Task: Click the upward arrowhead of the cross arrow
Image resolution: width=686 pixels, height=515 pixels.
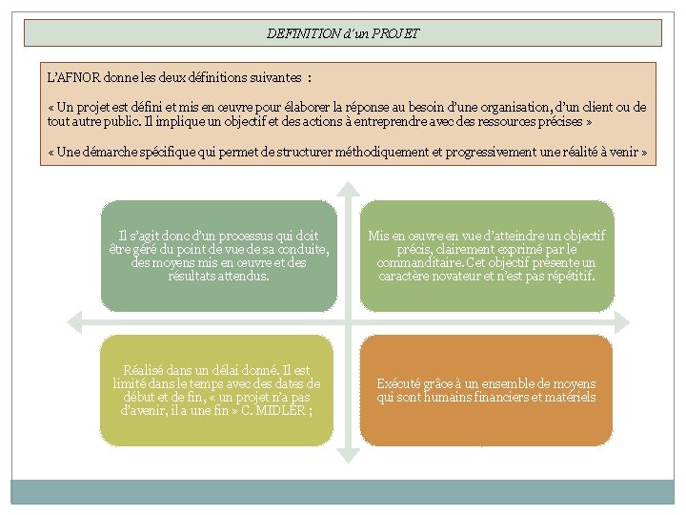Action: (x=349, y=187)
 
